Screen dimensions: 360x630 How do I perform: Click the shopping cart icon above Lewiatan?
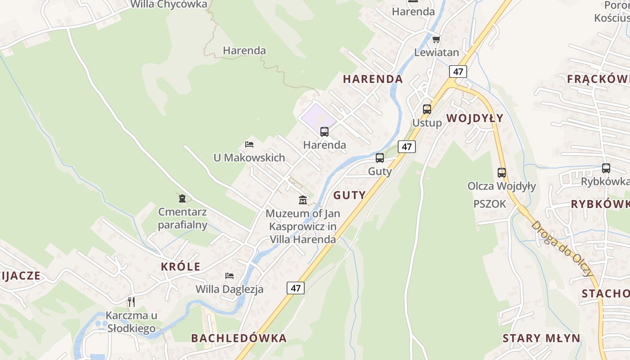(436, 40)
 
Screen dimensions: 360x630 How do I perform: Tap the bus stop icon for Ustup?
(427, 109)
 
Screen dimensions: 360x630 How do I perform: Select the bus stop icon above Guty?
(380, 158)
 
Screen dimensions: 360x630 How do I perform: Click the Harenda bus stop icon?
(324, 132)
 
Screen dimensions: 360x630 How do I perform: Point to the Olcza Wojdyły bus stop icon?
(501, 172)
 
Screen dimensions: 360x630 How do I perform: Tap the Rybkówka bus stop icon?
(606, 168)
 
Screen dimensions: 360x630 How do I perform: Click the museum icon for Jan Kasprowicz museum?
(303, 200)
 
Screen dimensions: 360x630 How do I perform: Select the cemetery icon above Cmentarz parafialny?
(182, 198)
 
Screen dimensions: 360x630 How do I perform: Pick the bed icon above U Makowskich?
(249, 144)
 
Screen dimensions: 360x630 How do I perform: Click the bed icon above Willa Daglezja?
(229, 275)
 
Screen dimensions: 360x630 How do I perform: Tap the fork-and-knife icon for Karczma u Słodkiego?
(131, 301)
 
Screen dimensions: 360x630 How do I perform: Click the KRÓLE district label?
(180, 266)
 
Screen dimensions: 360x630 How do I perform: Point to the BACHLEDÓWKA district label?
(238, 338)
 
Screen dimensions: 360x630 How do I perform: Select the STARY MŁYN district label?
(541, 338)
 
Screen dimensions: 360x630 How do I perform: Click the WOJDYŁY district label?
(475, 118)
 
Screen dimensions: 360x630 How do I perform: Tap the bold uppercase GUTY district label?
(349, 195)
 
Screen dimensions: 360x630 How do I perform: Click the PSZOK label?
(490, 204)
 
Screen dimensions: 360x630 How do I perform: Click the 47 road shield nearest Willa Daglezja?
(296, 288)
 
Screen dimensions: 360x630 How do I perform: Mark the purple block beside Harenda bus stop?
(317, 115)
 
